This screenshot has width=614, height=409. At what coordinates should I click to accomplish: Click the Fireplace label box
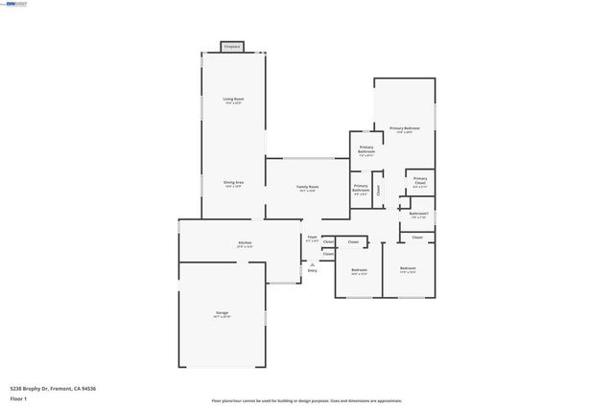click(x=231, y=46)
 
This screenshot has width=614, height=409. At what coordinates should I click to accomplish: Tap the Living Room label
click(x=232, y=100)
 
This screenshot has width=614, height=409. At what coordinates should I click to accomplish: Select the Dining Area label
click(x=232, y=183)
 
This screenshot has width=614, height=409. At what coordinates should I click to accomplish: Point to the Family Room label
click(x=307, y=188)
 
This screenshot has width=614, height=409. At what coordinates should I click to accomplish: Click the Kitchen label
click(x=246, y=244)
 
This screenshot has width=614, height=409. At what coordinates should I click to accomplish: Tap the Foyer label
click(x=312, y=238)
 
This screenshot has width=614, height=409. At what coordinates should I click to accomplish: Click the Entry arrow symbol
click(x=312, y=264)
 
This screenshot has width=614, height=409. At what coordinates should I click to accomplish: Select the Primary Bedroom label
click(x=404, y=129)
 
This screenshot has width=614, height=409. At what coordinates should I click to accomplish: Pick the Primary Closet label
click(x=420, y=179)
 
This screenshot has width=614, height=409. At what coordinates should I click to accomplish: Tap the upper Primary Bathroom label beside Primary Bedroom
click(x=366, y=150)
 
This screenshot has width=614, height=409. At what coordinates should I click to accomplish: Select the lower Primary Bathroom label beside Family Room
click(x=361, y=189)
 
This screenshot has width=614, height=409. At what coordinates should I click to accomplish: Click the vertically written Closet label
click(x=378, y=190)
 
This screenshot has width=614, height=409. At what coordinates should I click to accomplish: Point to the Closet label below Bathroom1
click(x=417, y=237)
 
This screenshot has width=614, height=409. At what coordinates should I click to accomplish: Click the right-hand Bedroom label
click(x=408, y=269)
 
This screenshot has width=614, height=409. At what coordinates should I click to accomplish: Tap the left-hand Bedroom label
click(x=359, y=271)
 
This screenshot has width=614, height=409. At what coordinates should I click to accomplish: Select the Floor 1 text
click(x=19, y=398)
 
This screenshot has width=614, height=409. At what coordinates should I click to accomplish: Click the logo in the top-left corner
click(x=15, y=4)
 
